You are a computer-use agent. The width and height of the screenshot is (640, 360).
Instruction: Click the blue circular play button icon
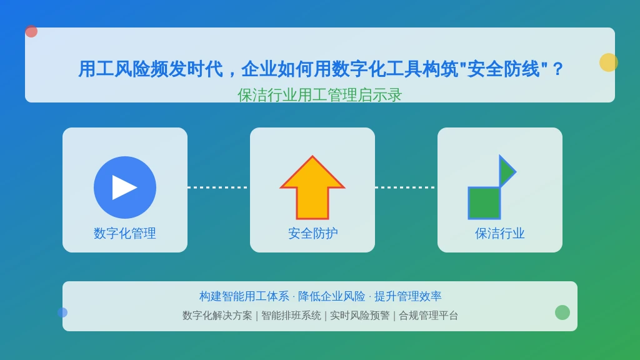pyautogui.click(x=125, y=187)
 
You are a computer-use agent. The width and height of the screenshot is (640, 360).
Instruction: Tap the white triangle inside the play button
pyautogui.click(x=124, y=187)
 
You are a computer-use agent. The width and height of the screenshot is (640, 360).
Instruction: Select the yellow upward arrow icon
pyautogui.click(x=312, y=187)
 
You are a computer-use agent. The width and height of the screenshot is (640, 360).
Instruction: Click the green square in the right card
pyautogui.click(x=484, y=203)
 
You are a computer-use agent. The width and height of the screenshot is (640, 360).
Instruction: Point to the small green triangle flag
pyautogui.click(x=506, y=171)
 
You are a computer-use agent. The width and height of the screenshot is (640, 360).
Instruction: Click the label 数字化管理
pyautogui.click(x=125, y=234)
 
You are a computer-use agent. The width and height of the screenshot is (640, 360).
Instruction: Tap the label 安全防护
pyautogui.click(x=312, y=234)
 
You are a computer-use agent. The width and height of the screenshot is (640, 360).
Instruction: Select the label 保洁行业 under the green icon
pyautogui.click(x=499, y=234)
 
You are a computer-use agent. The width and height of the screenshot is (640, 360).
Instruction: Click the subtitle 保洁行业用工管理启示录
pyautogui.click(x=319, y=95)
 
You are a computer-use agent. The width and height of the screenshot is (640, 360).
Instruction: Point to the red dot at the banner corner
pyautogui.click(x=31, y=31)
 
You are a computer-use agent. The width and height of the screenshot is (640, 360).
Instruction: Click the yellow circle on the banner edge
pyautogui.click(x=609, y=62)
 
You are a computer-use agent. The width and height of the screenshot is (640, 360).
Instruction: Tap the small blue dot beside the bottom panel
pyautogui.click(x=62, y=312)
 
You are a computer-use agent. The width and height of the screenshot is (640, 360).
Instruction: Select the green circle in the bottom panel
pyautogui.click(x=562, y=312)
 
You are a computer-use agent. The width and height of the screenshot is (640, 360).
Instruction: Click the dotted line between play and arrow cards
pyautogui.click(x=218, y=187)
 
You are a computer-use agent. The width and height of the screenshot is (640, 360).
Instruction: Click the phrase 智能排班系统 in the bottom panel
pyautogui.click(x=291, y=316)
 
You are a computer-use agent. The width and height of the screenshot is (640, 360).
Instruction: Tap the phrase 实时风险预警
pyautogui.click(x=359, y=316)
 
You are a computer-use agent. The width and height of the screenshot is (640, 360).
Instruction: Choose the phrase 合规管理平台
pyautogui.click(x=428, y=316)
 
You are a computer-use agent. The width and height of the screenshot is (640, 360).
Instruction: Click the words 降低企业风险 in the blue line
pyautogui.click(x=331, y=296)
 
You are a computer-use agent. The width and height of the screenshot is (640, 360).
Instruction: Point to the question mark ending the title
pyautogui.click(x=557, y=69)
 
